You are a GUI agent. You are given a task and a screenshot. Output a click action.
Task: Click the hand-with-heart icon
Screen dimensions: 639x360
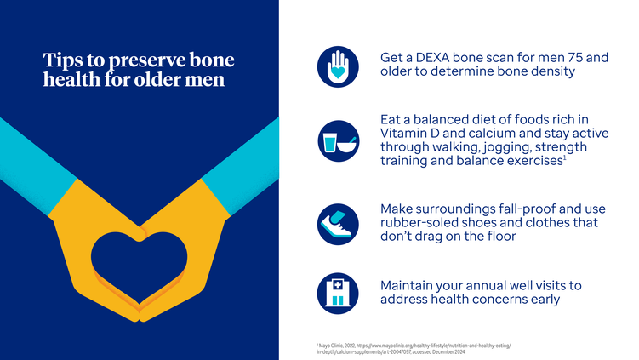click(x=338, y=66)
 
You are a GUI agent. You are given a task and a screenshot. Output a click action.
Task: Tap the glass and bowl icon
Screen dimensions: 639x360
click(x=339, y=141)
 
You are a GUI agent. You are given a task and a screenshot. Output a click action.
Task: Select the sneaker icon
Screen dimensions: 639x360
click(x=338, y=224)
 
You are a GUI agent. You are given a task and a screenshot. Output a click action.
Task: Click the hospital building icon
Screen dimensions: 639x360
click(x=338, y=294)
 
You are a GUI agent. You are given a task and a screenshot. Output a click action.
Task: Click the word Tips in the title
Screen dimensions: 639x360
click(x=63, y=60)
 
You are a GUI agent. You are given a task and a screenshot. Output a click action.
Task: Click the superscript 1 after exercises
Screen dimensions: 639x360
click(x=565, y=158)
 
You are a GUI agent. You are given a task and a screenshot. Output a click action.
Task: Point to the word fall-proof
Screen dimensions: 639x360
click(x=526, y=209)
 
